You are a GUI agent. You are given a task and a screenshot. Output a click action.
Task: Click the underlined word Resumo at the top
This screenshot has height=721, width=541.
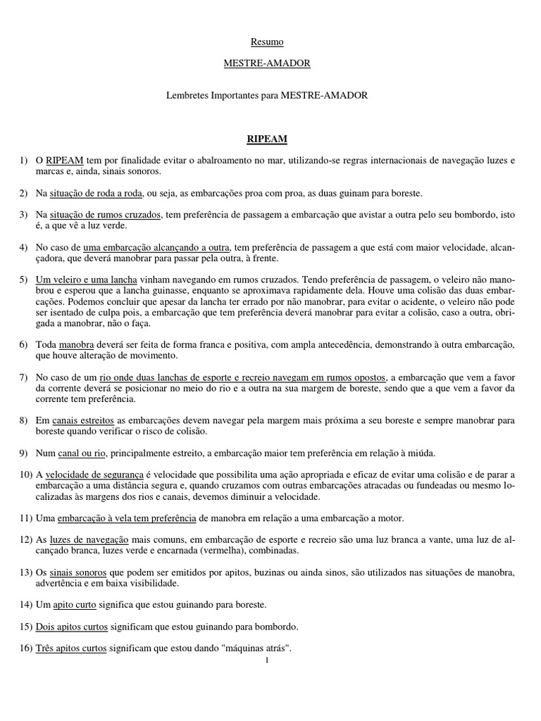(267, 43)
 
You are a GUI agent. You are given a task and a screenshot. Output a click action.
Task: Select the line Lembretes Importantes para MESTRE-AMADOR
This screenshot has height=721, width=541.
(267, 94)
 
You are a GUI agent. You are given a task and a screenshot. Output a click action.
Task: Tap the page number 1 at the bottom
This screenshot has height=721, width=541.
(268, 660)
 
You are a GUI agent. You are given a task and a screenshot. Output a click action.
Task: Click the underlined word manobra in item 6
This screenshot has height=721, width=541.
(76, 344)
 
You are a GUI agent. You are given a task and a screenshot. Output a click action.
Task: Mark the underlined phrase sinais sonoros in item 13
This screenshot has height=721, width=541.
(72, 572)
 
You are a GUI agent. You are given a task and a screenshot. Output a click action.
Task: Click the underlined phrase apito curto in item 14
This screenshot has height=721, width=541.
(76, 605)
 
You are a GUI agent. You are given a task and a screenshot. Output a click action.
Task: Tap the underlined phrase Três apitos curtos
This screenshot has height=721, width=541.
(70, 648)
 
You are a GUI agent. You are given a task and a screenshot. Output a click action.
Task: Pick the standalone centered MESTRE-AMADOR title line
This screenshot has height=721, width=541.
(267, 63)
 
